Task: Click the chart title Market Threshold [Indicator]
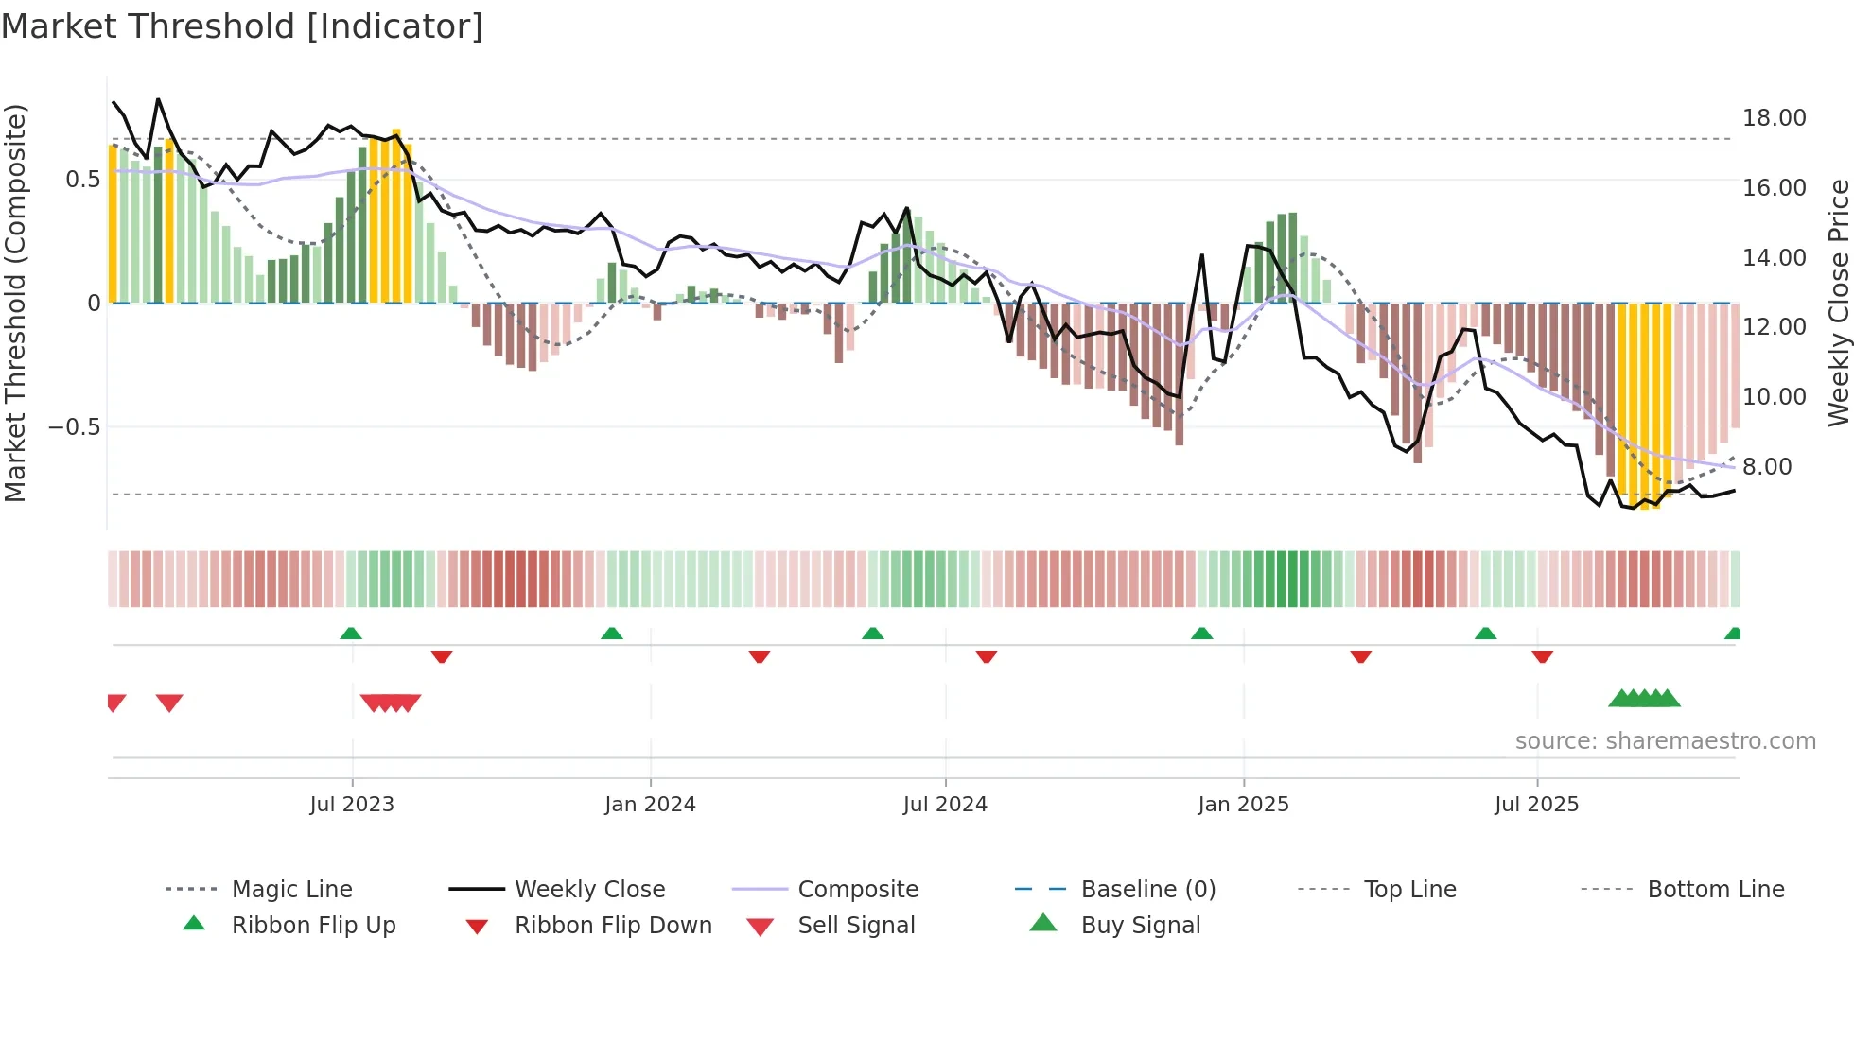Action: [242, 26]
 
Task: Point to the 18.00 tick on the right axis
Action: [1774, 118]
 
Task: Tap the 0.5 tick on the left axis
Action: [82, 180]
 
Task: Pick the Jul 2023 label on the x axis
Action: [351, 805]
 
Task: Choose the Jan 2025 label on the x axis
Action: [1242, 805]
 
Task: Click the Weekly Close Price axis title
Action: [1838, 303]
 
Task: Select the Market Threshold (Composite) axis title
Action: [15, 303]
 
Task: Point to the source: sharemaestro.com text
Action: [1665, 741]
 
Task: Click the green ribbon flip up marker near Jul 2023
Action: [351, 634]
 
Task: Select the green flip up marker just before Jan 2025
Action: [1201, 634]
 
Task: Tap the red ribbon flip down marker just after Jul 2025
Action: [1542, 656]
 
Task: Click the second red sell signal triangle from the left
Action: [169, 703]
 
